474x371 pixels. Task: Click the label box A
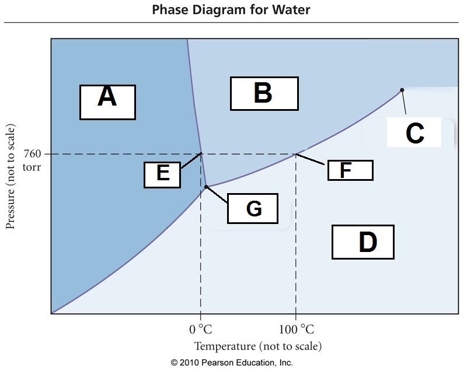coord(107,102)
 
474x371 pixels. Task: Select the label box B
coord(264,93)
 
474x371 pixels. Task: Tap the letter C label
coord(414,134)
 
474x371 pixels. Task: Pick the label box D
coord(363,242)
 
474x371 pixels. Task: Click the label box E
coord(162,173)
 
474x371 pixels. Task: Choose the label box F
coord(349,170)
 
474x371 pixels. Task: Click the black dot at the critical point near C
coord(402,90)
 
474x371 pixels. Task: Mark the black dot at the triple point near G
coord(207,187)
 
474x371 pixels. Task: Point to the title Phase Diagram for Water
coord(231,10)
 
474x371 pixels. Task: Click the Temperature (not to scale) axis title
coord(257,346)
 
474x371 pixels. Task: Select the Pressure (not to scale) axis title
coord(11,176)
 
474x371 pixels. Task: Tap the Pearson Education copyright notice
coord(232,362)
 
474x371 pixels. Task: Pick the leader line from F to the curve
coord(312,160)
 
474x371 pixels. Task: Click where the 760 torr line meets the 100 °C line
coord(296,154)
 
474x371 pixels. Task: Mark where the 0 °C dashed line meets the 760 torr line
coord(201,154)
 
